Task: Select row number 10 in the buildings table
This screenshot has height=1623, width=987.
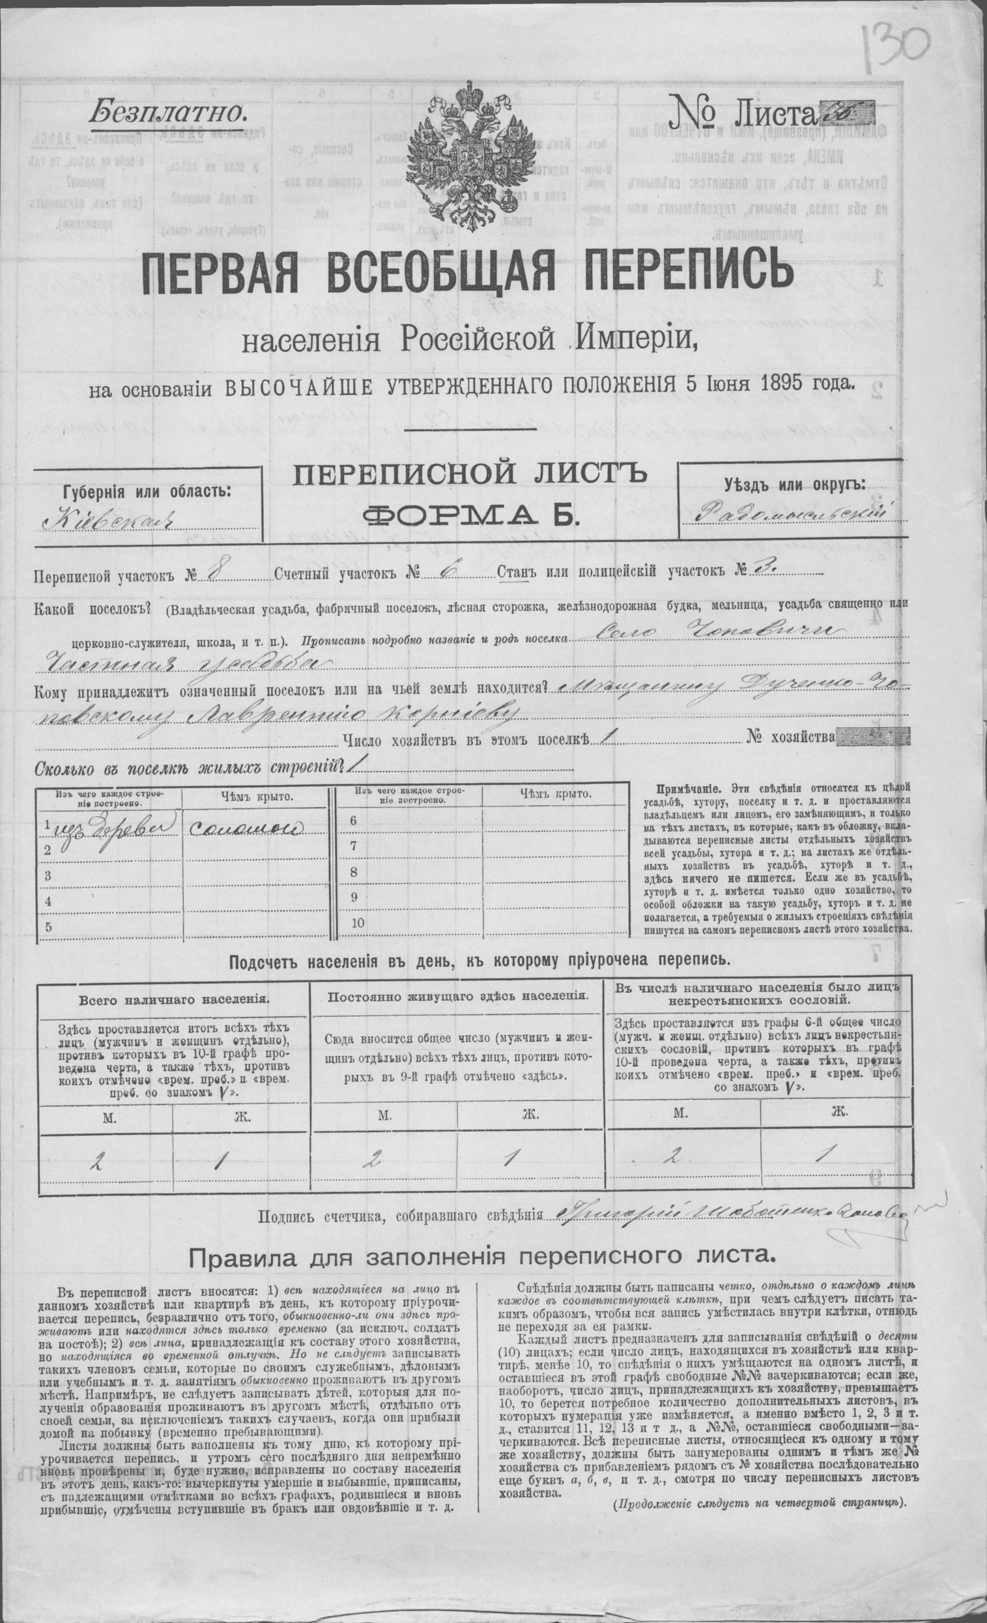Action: pyautogui.click(x=358, y=922)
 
